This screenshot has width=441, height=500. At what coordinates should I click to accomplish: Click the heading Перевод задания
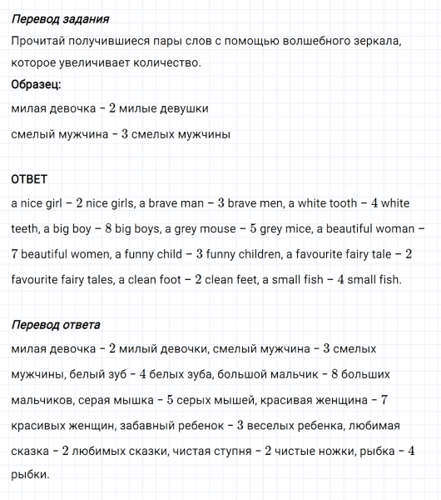click(61, 19)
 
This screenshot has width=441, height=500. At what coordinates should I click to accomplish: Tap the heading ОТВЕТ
click(29, 179)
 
